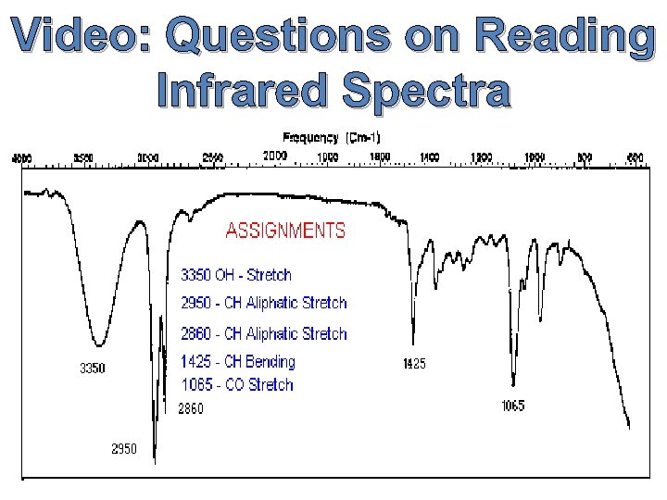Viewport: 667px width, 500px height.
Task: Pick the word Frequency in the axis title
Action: click(310, 137)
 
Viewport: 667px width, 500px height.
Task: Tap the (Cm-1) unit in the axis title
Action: click(363, 137)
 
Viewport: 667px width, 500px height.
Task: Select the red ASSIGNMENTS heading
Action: click(285, 231)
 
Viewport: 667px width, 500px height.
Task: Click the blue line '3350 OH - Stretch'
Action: click(235, 275)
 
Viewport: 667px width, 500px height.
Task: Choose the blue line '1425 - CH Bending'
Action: click(237, 362)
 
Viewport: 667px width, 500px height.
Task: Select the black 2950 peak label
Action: click(124, 449)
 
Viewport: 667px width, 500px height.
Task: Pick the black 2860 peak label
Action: click(190, 407)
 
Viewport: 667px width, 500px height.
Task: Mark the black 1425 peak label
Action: click(413, 364)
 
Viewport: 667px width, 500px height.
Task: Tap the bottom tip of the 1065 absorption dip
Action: click(513, 382)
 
